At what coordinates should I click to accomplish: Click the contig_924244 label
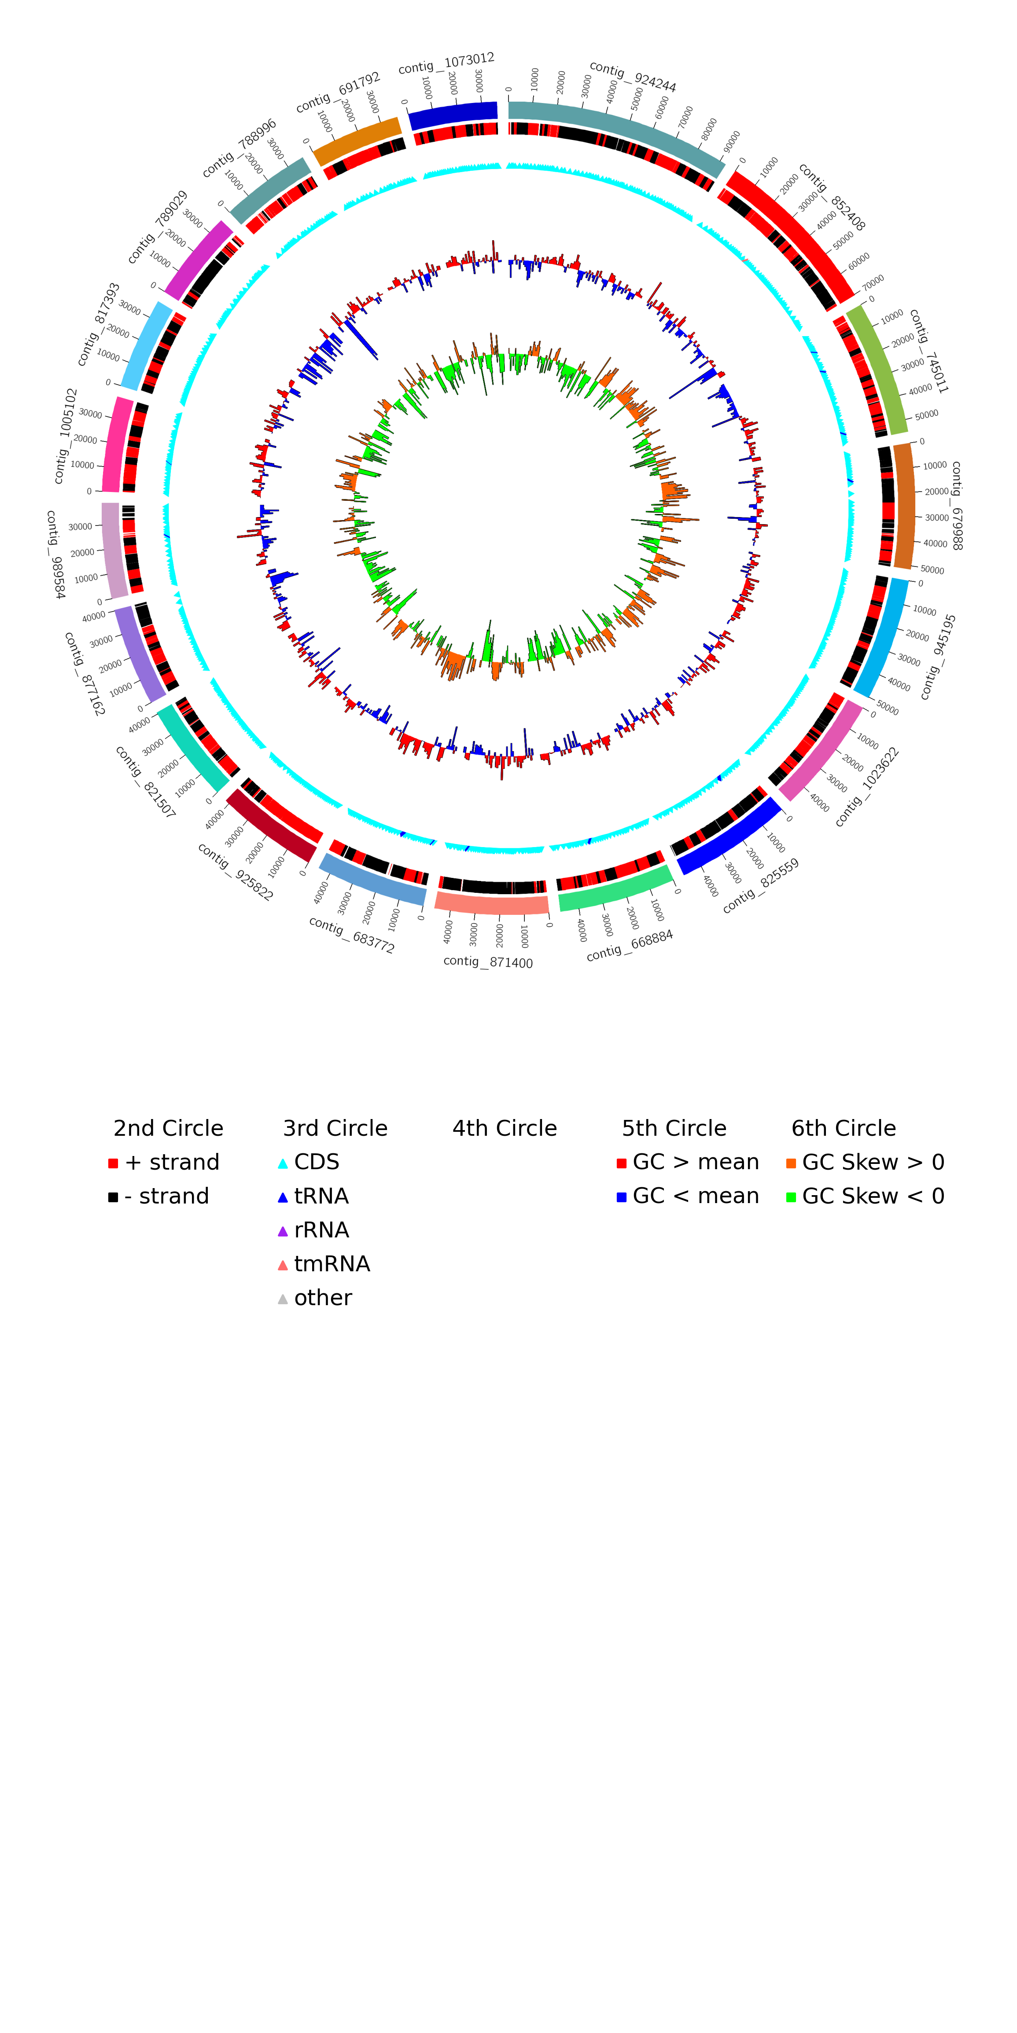point(633,77)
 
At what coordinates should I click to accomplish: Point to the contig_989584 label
point(55,554)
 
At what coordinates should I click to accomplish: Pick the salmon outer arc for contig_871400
point(492,904)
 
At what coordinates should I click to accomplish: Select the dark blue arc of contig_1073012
point(453,115)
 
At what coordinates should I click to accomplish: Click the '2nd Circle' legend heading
point(168,1129)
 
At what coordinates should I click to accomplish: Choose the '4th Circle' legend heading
point(505,1129)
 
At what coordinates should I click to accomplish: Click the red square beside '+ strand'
point(113,1163)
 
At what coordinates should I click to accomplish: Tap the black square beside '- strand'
point(113,1197)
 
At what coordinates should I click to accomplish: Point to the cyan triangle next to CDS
point(283,1164)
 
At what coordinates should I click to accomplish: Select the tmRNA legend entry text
point(332,1264)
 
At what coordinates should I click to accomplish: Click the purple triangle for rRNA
point(283,1231)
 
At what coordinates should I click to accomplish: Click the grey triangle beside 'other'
point(283,1299)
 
